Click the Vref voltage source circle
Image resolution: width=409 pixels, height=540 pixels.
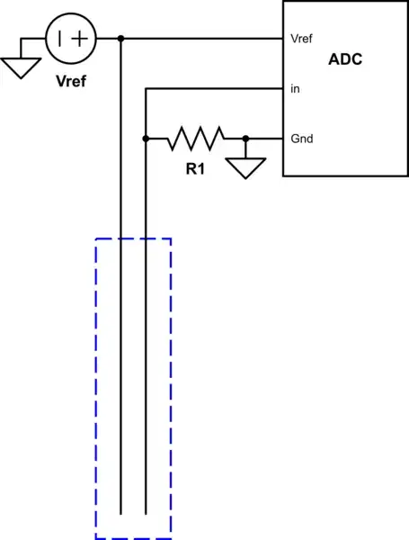pyautogui.click(x=70, y=38)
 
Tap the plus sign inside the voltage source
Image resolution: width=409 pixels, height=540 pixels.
pyautogui.click(x=81, y=38)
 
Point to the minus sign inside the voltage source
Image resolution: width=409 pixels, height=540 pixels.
pyautogui.click(x=60, y=38)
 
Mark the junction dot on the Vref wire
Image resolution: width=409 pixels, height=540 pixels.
pyautogui.click(x=120, y=39)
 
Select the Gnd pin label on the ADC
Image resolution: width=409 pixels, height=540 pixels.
pyautogui.click(x=300, y=139)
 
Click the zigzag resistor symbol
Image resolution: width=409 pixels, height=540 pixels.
pyautogui.click(x=196, y=139)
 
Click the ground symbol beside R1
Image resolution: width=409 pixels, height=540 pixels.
pyautogui.click(x=245, y=166)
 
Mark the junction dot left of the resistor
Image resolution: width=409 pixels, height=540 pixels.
pyautogui.click(x=145, y=139)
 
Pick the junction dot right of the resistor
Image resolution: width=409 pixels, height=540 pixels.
pyautogui.click(x=245, y=139)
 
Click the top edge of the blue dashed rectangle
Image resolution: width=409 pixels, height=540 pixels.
pyautogui.click(x=132, y=238)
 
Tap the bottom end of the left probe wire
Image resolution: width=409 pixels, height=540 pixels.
pyautogui.click(x=120, y=514)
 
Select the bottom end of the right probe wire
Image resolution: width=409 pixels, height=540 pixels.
pyautogui.click(x=145, y=514)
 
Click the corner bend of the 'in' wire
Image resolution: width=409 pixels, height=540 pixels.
pyautogui.click(x=145, y=89)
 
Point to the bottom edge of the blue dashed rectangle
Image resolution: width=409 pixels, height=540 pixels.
pyautogui.click(x=132, y=538)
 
